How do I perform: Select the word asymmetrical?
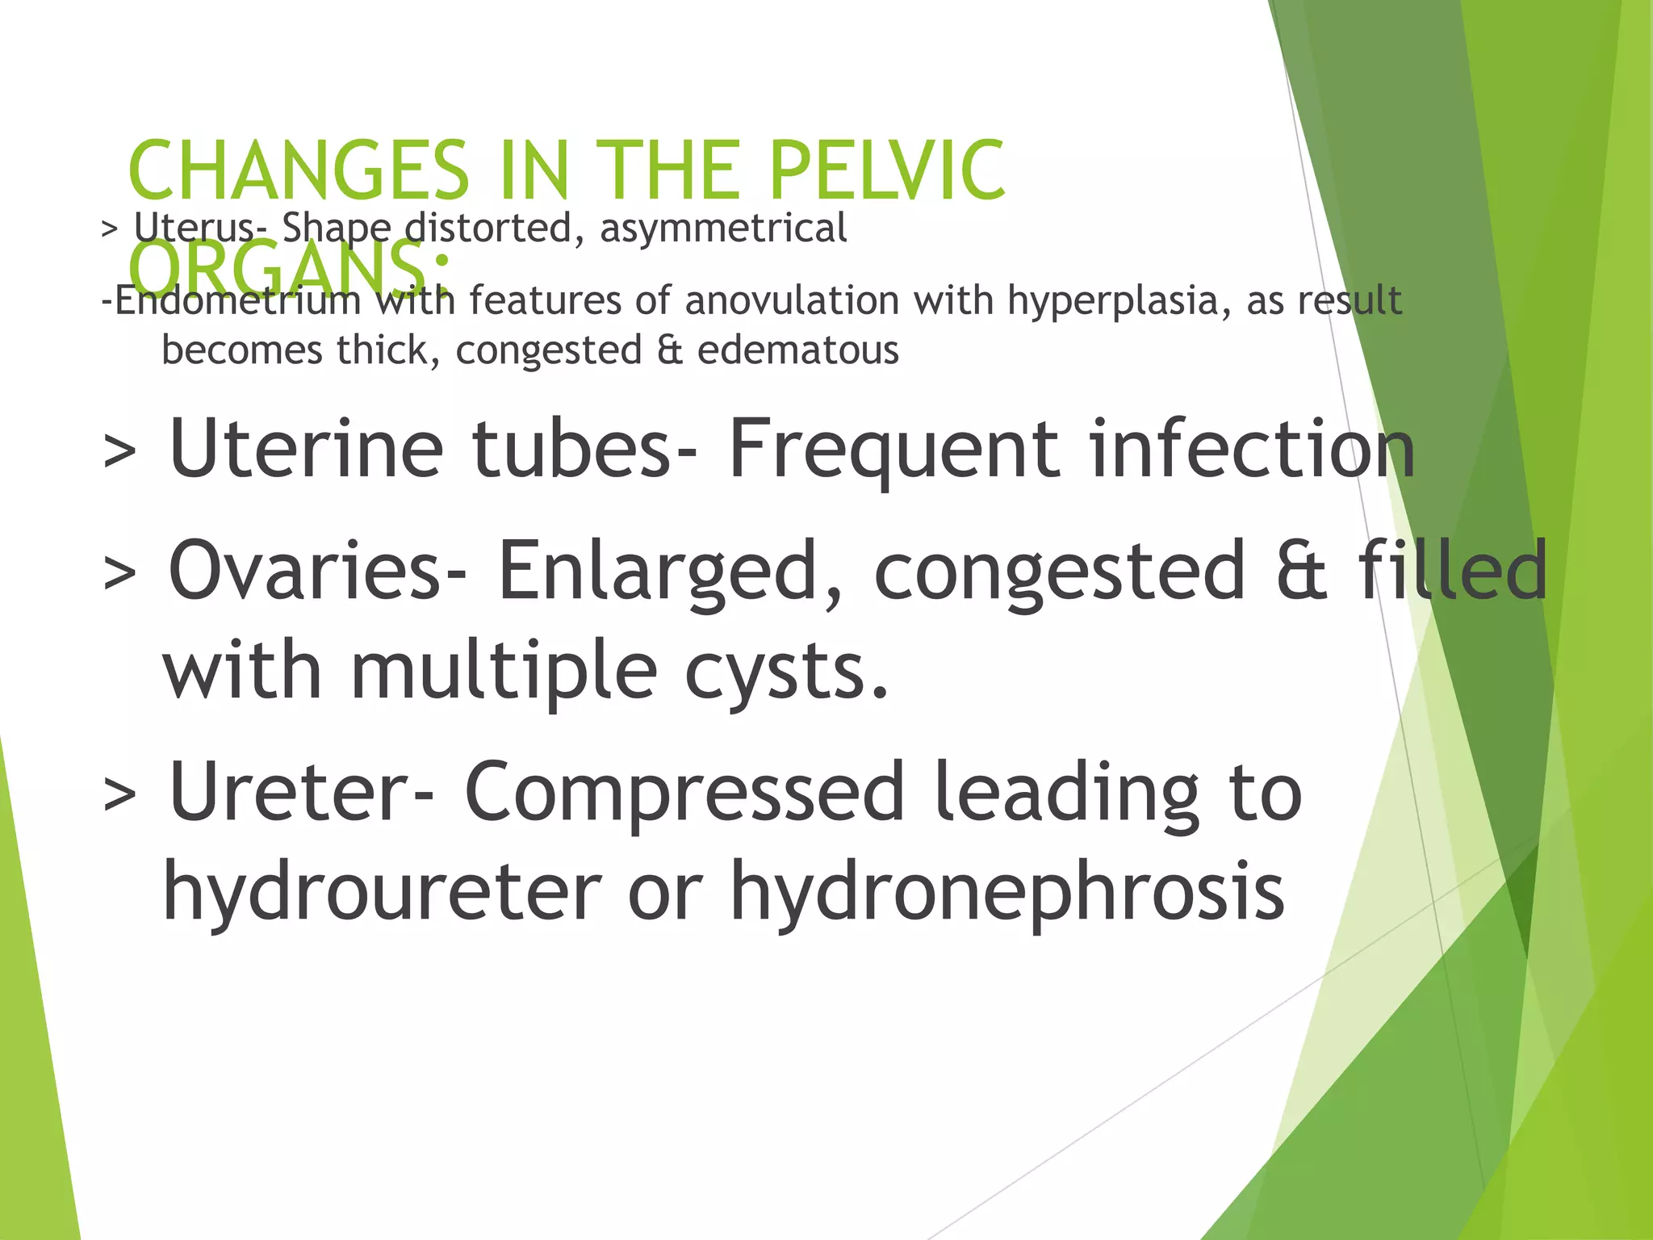723,228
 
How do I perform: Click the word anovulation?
792,300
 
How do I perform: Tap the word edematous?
797,350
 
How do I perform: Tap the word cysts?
786,672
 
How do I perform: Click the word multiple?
504,672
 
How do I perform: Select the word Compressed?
684,794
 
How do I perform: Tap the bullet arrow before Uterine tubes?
119,452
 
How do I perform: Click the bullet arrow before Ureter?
119,795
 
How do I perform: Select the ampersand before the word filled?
1301,571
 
